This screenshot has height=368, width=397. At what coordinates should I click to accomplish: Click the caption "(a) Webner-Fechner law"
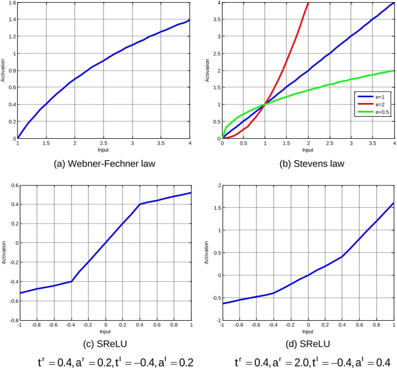(x=104, y=163)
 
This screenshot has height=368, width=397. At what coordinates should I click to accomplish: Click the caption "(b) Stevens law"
(x=308, y=163)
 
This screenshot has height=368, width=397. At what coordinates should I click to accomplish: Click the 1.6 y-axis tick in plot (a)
(x=12, y=3)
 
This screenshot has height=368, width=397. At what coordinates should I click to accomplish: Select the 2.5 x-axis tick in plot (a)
(x=104, y=143)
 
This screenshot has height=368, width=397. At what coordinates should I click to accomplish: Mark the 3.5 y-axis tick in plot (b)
(x=217, y=19)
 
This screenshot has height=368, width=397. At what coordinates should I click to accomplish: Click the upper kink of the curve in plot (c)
(x=140, y=204)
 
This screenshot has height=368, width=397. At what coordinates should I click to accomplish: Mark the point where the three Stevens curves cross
(x=265, y=104)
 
